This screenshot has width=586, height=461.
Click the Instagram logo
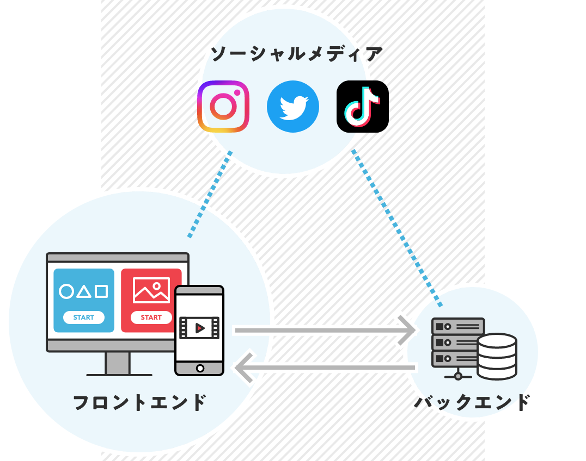223,107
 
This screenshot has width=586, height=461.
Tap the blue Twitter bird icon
292,107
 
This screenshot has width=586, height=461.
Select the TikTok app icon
362,107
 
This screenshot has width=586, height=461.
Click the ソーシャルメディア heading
297,54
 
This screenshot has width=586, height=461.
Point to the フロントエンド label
140,403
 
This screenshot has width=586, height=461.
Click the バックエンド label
472,403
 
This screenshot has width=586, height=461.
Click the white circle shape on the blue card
66,291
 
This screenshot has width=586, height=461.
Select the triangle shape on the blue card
83,292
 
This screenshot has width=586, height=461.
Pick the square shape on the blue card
101,291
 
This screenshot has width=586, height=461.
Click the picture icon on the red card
151,290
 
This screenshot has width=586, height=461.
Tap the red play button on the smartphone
199,328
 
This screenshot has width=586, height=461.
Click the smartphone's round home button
200,368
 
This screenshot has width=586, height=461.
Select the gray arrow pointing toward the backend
325,330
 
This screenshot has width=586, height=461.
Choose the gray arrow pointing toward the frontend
325,368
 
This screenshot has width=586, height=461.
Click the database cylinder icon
497,356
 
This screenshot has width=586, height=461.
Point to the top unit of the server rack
457,327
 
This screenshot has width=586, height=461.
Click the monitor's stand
118,363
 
